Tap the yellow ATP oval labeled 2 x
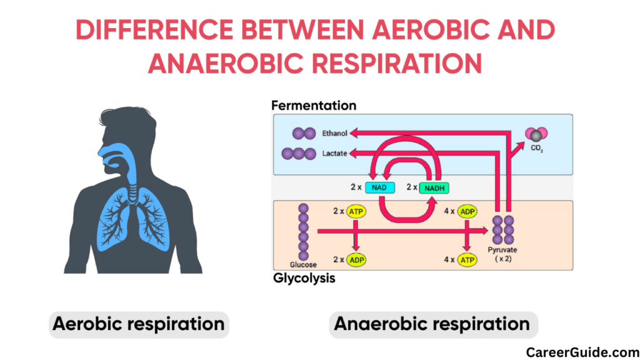(x=356, y=211)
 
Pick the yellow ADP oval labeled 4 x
(x=467, y=211)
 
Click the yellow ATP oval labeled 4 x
(x=467, y=259)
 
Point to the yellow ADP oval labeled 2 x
(x=356, y=259)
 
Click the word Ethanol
(x=334, y=133)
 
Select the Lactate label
(x=334, y=153)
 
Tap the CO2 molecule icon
(x=536, y=135)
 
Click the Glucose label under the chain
(x=303, y=265)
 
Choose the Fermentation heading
(x=314, y=106)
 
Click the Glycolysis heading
(x=304, y=278)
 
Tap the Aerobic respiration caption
(x=138, y=324)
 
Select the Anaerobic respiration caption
(x=432, y=324)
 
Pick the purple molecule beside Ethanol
(x=304, y=133)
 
